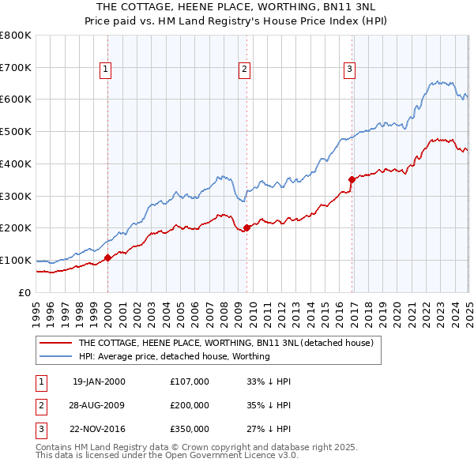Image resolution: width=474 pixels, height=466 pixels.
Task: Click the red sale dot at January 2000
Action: (107, 257)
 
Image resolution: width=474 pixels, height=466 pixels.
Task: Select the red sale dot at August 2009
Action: (246, 227)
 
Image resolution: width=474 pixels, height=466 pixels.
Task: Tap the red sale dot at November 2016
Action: (352, 179)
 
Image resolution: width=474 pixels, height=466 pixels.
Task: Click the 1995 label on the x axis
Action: (36, 306)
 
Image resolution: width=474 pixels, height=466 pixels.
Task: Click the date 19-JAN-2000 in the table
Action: (99, 381)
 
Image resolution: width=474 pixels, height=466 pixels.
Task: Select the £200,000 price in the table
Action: (190, 405)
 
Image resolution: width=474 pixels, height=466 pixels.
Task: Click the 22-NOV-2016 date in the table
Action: (100, 430)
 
